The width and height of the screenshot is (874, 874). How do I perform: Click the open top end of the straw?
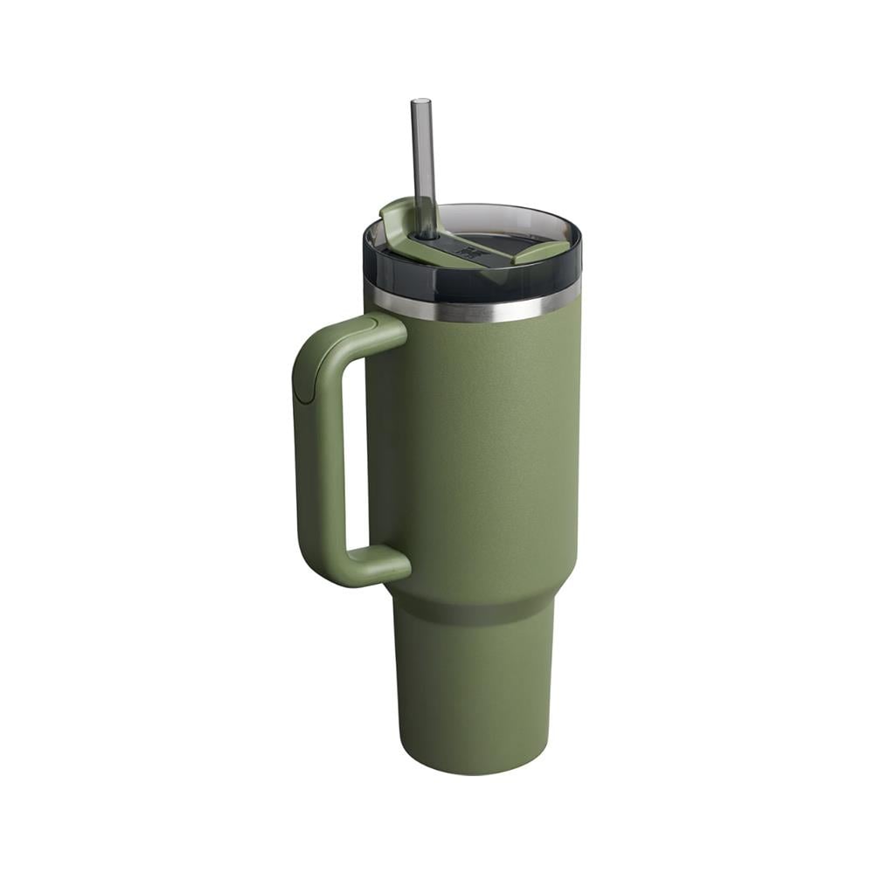421,102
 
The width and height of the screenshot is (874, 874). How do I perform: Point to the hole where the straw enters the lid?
426,233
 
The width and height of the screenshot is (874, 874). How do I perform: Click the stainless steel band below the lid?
472,307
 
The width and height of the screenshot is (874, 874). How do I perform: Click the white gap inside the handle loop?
357,446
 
